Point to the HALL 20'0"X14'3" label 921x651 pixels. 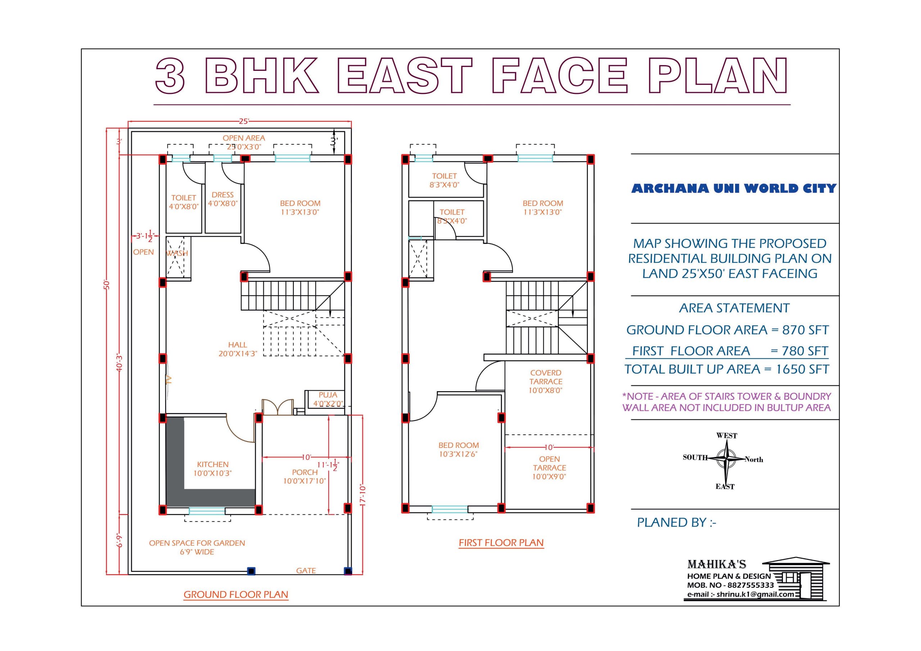tap(238, 349)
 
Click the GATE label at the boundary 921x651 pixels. tap(306, 570)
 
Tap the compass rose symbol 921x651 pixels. tap(726, 458)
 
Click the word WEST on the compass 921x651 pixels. tap(726, 435)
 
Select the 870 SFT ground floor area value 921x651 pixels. tap(805, 330)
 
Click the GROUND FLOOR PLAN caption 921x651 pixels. tap(236, 595)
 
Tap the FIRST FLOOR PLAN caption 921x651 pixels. tap(501, 543)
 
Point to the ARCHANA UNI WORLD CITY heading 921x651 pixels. tap(734, 188)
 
